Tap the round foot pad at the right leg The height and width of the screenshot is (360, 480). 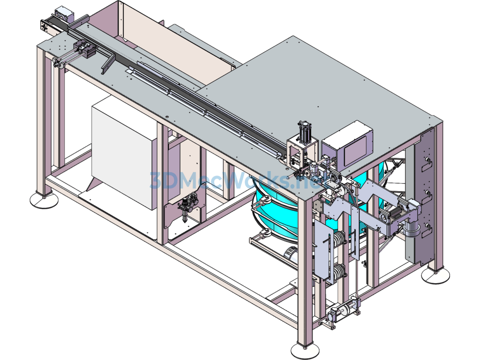tap(435, 276)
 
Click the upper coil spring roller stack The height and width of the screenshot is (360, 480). tap(338, 239)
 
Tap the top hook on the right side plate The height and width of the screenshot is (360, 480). tap(427, 162)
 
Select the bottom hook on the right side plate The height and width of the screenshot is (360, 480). tap(427, 227)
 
